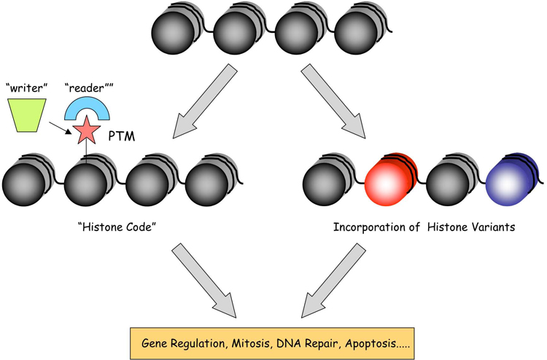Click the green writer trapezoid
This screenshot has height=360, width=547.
(27, 115)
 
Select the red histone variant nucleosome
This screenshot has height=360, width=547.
(390, 180)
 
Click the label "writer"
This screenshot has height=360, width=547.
(26, 88)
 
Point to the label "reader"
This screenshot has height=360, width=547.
(89, 88)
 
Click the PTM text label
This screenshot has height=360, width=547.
(121, 136)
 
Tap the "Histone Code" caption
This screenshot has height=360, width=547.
(117, 227)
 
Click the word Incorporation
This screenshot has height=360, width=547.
(371, 227)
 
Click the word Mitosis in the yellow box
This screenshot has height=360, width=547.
(251, 343)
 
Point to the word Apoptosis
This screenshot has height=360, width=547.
(371, 344)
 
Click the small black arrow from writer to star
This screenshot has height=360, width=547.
(61, 128)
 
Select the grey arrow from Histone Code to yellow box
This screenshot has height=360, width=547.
(204, 280)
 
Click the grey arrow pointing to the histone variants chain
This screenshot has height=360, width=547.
(333, 101)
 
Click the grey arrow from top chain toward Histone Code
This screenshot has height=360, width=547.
(205, 101)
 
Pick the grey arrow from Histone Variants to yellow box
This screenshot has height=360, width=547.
(333, 280)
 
